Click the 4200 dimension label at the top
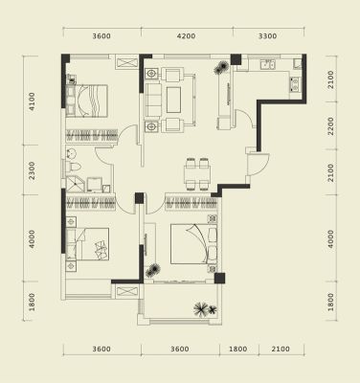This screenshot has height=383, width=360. point(187,36)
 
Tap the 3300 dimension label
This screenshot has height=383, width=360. point(267,36)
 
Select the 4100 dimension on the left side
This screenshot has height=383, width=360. point(33,101)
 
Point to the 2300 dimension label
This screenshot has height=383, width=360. point(33,170)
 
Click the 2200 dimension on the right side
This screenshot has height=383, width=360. point(330,125)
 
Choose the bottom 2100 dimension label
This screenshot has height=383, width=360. point(281,349)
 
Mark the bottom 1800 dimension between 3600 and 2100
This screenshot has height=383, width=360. point(238,349)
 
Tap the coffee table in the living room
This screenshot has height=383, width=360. point(173,100)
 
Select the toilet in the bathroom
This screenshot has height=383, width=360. point(73,167)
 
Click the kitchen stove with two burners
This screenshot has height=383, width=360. point(295,84)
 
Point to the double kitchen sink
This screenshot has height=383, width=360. point(267,64)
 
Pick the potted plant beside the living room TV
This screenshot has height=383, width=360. point(221,68)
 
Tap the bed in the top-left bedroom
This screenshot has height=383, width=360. point(86,101)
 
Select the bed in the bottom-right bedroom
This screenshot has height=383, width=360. point(193,244)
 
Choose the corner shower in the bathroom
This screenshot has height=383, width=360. point(76,185)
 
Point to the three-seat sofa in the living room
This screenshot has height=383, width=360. point(153,100)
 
